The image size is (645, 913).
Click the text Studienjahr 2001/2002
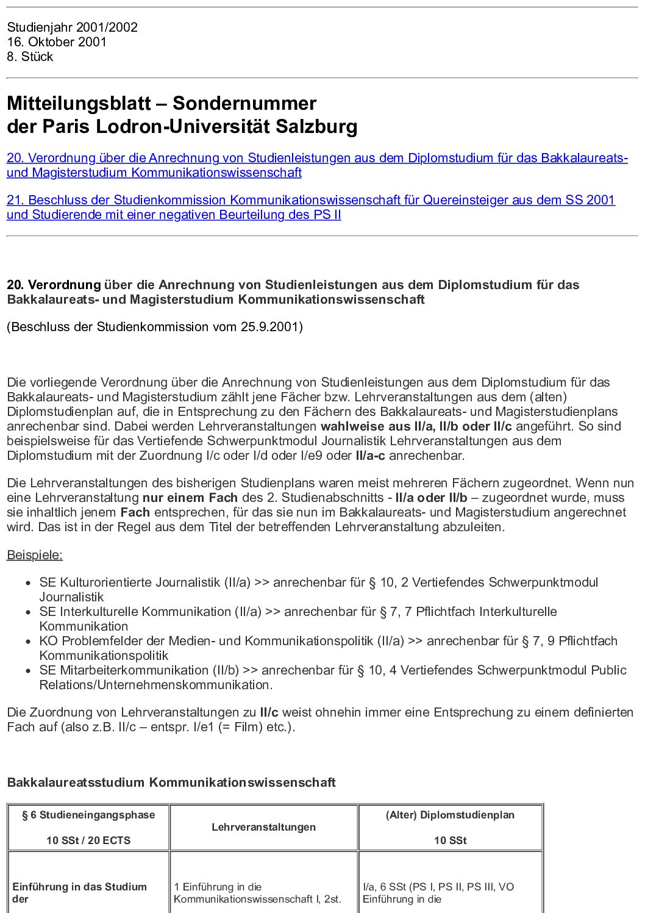(72, 27)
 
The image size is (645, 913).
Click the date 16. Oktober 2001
(57, 41)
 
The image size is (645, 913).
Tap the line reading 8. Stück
(30, 56)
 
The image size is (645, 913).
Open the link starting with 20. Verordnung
(317, 158)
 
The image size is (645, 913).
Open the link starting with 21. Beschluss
(311, 200)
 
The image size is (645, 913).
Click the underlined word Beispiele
(35, 555)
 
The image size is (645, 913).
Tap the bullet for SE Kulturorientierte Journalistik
(28, 582)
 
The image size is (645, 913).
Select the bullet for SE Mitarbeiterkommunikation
(28, 670)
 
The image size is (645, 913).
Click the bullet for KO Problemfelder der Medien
(28, 641)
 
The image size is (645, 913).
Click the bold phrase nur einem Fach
(190, 497)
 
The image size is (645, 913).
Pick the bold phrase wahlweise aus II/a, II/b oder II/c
(416, 426)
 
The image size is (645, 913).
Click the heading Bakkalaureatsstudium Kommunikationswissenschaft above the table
(171, 782)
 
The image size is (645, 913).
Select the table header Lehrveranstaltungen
(263, 827)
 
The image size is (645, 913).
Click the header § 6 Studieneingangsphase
(88, 815)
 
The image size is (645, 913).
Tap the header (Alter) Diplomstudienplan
(450, 815)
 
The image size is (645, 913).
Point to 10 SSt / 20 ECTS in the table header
(88, 840)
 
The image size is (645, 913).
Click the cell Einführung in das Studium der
(79, 892)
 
